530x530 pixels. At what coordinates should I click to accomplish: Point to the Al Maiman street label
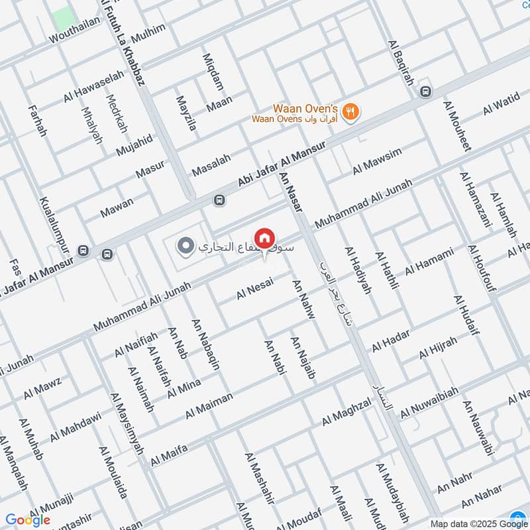209,405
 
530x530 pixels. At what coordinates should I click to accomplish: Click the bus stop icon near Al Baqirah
426,92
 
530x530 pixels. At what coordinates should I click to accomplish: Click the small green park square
62,18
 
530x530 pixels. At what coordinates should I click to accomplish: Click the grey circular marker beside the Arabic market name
185,246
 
